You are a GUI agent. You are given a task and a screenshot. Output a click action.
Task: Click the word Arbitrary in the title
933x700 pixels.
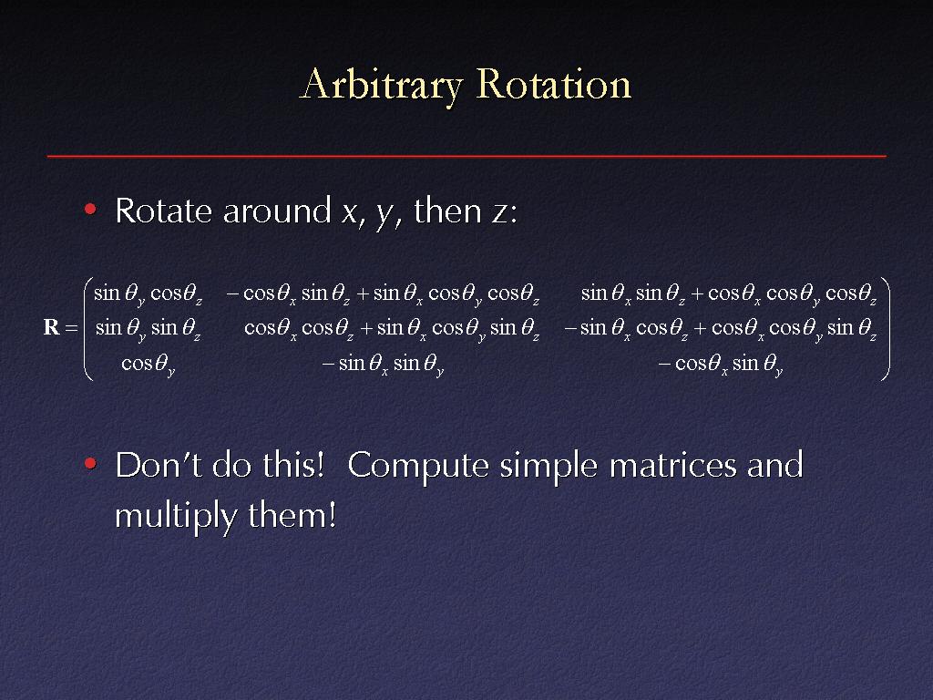click(382, 85)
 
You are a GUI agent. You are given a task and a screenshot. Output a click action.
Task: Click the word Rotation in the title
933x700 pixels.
click(553, 84)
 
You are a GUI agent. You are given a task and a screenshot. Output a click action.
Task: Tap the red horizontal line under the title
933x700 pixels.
click(466, 156)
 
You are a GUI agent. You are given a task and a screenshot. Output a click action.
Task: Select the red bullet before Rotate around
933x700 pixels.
click(90, 209)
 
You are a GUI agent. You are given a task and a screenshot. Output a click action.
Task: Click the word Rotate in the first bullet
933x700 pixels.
click(164, 211)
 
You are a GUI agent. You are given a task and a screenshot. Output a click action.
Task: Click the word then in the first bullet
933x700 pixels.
click(447, 211)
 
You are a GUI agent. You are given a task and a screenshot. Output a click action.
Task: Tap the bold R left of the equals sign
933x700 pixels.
click(52, 327)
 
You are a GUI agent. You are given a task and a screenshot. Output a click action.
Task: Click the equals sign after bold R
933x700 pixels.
click(71, 327)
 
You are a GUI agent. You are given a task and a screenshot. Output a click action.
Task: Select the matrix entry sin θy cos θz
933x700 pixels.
click(149, 294)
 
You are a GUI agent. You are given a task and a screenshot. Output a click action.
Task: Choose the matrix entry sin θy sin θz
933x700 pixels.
click(149, 328)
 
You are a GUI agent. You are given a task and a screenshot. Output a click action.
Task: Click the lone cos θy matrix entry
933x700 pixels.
click(149, 364)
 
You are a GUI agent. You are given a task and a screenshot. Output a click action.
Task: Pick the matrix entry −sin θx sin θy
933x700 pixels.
click(384, 364)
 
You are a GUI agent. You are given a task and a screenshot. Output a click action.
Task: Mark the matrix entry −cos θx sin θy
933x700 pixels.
click(721, 364)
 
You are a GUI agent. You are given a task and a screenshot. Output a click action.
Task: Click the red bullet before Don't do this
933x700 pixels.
click(90, 463)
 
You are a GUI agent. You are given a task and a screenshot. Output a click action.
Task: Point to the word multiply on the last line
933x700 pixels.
click(176, 516)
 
